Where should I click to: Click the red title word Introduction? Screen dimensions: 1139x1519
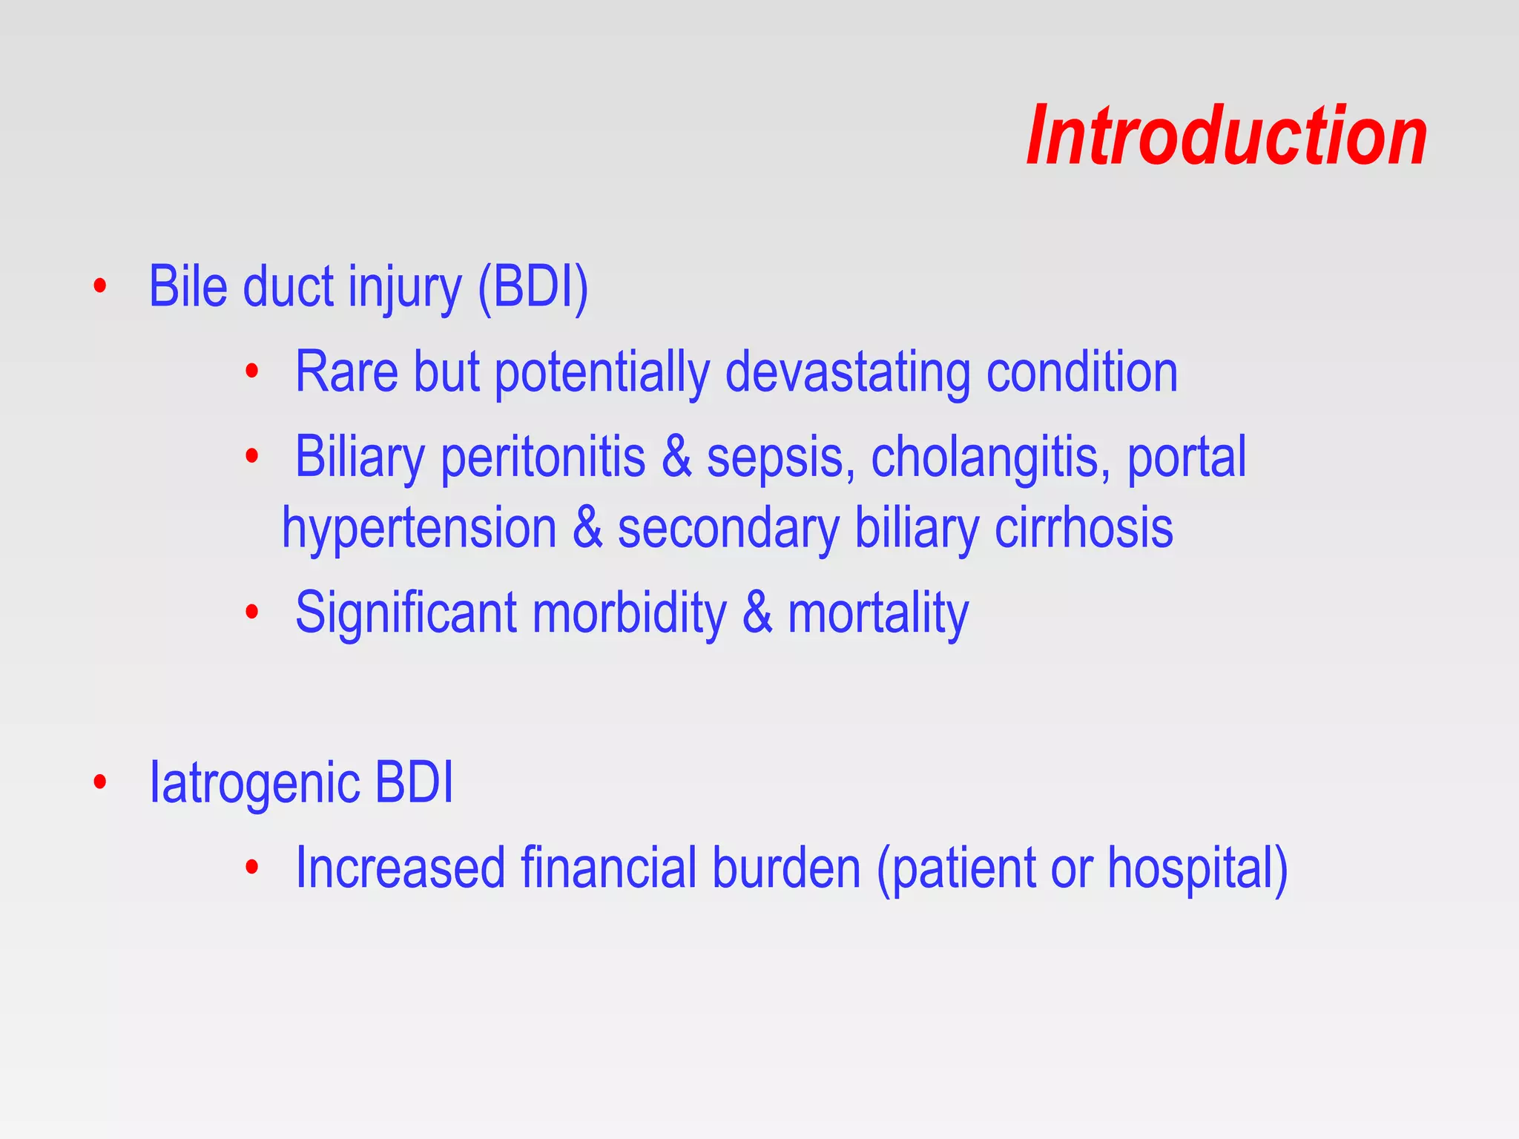coord(1227,136)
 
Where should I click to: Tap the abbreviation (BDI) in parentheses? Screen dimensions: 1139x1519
coord(533,287)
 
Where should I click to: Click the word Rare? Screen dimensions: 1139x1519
coord(346,372)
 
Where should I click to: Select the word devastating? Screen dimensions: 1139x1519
coord(847,372)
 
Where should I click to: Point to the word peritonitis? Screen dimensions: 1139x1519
coord(543,458)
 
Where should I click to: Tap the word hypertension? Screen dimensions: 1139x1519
coord(419,528)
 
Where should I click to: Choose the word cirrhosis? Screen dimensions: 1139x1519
coord(1084,528)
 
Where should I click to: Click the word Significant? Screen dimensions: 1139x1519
coord(406,613)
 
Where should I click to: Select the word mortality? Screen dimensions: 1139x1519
coord(878,613)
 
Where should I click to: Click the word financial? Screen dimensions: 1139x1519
coord(608,868)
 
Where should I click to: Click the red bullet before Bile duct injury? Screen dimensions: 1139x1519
coord(100,286)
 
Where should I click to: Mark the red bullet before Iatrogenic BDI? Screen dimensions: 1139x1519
coord(100,782)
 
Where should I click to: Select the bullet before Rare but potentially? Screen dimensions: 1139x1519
coord(252,371)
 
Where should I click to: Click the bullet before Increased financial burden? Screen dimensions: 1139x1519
coord(252,866)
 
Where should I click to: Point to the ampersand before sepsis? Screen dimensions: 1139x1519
coord(676,458)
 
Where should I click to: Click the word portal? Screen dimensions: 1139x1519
coord(1187,458)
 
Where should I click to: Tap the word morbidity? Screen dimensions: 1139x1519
coord(629,613)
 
